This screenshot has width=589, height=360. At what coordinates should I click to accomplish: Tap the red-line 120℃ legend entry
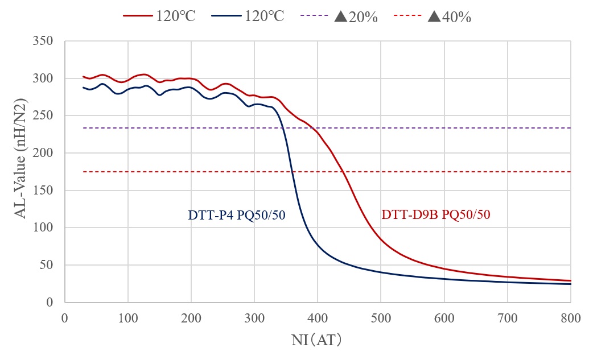coord(160,16)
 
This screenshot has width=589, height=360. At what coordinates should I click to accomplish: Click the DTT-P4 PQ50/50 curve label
coord(236,216)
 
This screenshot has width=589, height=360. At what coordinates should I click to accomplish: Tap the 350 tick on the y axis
coord(44,41)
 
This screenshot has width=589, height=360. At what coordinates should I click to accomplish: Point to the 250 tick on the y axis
coord(44,115)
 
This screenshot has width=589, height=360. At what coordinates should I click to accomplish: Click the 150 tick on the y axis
coord(44,191)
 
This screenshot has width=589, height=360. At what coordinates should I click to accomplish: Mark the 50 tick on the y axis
coord(47,265)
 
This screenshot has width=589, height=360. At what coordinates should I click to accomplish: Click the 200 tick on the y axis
coord(44,153)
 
